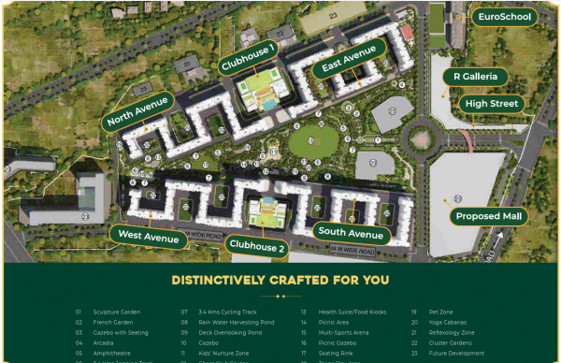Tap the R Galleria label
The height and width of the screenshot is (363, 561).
tap(481, 76)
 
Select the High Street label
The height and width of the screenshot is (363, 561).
tap(491, 104)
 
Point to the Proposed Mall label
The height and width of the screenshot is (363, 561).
tap(490, 216)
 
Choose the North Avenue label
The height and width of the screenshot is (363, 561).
tap(137, 110)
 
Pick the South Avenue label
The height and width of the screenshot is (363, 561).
tap(351, 233)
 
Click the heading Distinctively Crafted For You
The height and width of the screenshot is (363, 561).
tap(280, 280)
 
